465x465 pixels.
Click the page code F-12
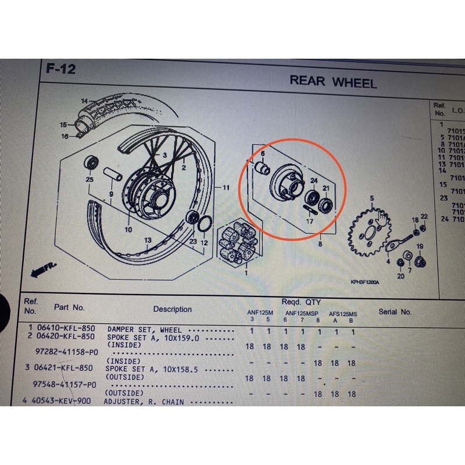pyautogui.click(x=60, y=70)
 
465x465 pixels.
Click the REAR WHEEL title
pyautogui.click(x=333, y=81)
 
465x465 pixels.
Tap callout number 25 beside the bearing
pyautogui.click(x=90, y=180)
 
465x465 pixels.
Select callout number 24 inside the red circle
pyautogui.click(x=313, y=181)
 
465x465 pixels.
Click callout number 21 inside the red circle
pyautogui.click(x=326, y=188)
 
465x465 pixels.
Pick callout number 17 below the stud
pyautogui.click(x=309, y=221)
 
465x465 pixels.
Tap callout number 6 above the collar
pyautogui.click(x=262, y=155)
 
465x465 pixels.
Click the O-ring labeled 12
pyautogui.click(x=205, y=224)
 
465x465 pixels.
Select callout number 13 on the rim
pyautogui.click(x=148, y=240)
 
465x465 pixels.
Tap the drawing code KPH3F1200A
pyautogui.click(x=364, y=282)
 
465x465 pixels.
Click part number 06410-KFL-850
pyautogui.click(x=66, y=329)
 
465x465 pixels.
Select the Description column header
pyautogui.click(x=172, y=309)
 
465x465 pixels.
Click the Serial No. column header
pyautogui.click(x=395, y=312)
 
